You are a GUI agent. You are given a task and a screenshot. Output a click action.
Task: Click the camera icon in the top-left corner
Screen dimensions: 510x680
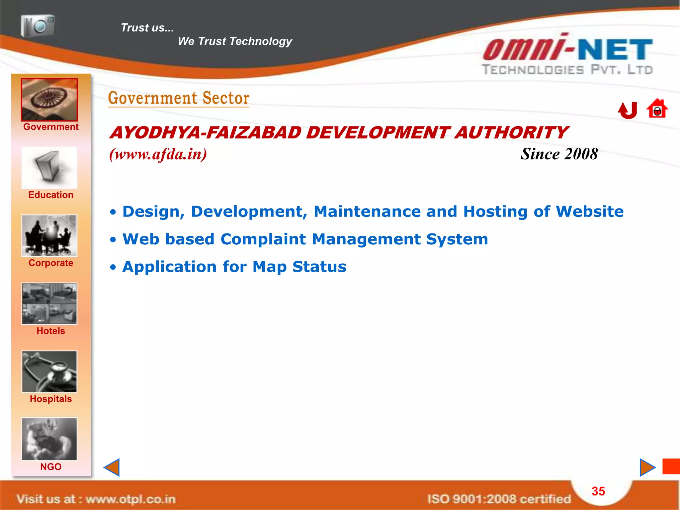(x=38, y=25)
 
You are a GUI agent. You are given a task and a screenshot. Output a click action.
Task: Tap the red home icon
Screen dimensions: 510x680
(x=657, y=109)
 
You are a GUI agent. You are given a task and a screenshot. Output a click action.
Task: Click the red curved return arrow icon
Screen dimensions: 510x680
(x=628, y=110)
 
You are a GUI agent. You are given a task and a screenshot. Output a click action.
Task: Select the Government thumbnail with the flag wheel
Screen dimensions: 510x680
(x=49, y=100)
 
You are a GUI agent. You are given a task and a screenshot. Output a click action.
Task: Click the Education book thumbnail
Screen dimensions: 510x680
(x=49, y=168)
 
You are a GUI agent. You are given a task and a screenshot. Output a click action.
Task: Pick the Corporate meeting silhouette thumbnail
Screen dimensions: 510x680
(x=49, y=236)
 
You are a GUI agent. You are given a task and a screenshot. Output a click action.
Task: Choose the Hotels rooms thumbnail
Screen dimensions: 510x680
(x=49, y=304)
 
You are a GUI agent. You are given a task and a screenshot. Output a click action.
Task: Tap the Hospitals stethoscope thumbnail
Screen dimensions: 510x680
(x=49, y=372)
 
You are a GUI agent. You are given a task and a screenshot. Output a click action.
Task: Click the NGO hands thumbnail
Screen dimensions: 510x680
(x=49, y=439)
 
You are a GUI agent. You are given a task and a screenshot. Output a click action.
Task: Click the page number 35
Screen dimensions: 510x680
(x=598, y=491)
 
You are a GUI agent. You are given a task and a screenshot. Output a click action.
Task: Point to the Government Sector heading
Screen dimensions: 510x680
(x=179, y=98)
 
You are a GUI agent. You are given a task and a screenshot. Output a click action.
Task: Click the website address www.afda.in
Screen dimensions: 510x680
(x=158, y=154)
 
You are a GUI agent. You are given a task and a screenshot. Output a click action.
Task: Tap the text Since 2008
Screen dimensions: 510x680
(x=559, y=154)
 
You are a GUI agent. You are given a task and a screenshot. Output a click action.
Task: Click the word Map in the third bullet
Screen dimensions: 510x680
(x=269, y=267)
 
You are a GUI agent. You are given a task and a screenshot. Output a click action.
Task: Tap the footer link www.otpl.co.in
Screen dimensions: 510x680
(x=130, y=499)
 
